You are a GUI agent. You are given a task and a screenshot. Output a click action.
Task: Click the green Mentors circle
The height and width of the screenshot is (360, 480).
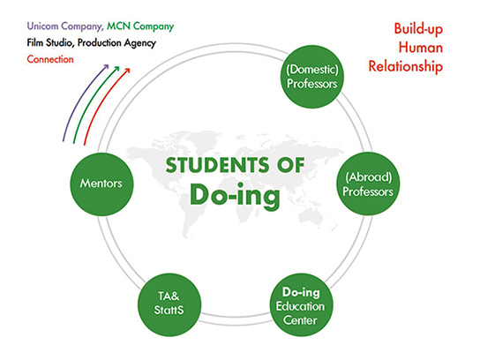click(101, 184)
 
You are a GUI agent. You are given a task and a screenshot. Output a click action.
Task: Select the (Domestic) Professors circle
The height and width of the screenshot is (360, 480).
click(312, 77)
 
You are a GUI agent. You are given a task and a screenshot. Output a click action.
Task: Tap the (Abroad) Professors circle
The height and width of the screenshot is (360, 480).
click(368, 184)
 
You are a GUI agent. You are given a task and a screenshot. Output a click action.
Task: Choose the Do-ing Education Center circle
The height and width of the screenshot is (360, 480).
click(302, 305)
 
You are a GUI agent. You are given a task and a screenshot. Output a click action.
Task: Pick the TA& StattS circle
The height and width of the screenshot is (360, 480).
click(169, 304)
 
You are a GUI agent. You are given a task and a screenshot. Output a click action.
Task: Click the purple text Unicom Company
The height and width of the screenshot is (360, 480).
click(65, 26)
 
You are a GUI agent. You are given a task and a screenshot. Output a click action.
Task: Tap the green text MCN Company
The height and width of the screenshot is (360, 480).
click(140, 26)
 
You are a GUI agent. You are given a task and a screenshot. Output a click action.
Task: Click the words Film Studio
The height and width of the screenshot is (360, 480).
click(50, 43)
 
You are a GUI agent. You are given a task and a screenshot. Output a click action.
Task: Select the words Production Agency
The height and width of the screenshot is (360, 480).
click(116, 43)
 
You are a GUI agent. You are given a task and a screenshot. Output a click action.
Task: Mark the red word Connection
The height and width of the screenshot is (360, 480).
click(50, 59)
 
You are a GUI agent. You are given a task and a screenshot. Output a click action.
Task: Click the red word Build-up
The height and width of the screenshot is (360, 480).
click(418, 29)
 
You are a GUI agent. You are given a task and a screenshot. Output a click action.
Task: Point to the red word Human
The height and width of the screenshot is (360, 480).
click(421, 48)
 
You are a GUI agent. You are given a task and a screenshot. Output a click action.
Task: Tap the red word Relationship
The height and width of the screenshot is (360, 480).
click(406, 67)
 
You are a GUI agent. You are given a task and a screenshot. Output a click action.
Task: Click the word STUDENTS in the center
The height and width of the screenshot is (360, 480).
click(218, 165)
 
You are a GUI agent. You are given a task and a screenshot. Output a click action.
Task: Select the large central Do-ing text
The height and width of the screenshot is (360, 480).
click(235, 196)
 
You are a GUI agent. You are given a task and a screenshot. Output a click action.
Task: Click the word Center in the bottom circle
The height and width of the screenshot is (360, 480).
click(300, 320)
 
